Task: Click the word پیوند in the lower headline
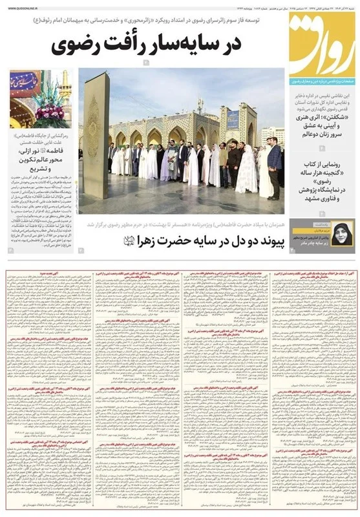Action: coord(267,242)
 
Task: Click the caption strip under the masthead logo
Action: coord(322,82)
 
